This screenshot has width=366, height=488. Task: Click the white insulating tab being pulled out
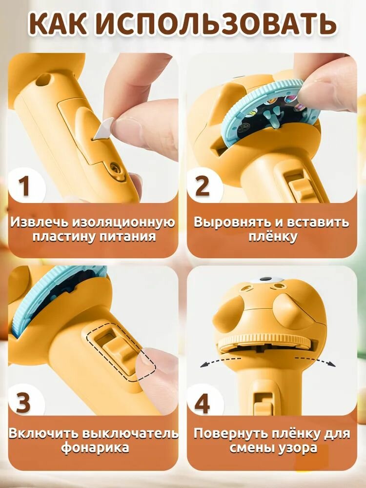pyautogui.click(x=105, y=127)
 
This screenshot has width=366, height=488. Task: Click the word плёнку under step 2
pyautogui.click(x=273, y=237)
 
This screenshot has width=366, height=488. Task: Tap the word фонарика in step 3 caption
pyautogui.click(x=95, y=448)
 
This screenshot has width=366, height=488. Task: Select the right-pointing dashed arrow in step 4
pyautogui.click(x=316, y=361)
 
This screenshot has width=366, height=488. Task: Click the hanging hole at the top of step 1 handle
pyautogui.click(x=43, y=81)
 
